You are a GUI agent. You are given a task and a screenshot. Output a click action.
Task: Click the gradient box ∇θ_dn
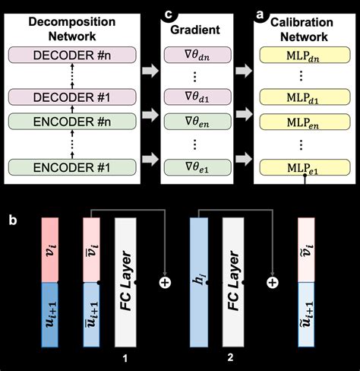(x=193, y=55)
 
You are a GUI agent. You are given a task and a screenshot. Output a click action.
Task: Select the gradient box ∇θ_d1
(x=193, y=98)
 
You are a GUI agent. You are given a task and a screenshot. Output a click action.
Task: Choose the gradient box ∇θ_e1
(x=193, y=164)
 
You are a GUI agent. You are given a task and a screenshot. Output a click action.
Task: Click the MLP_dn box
(x=305, y=55)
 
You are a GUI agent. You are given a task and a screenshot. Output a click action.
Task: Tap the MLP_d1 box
(x=305, y=98)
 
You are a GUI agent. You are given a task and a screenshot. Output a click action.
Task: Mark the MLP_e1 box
(x=305, y=164)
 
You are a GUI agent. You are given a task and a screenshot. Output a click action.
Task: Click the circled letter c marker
(x=166, y=11)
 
